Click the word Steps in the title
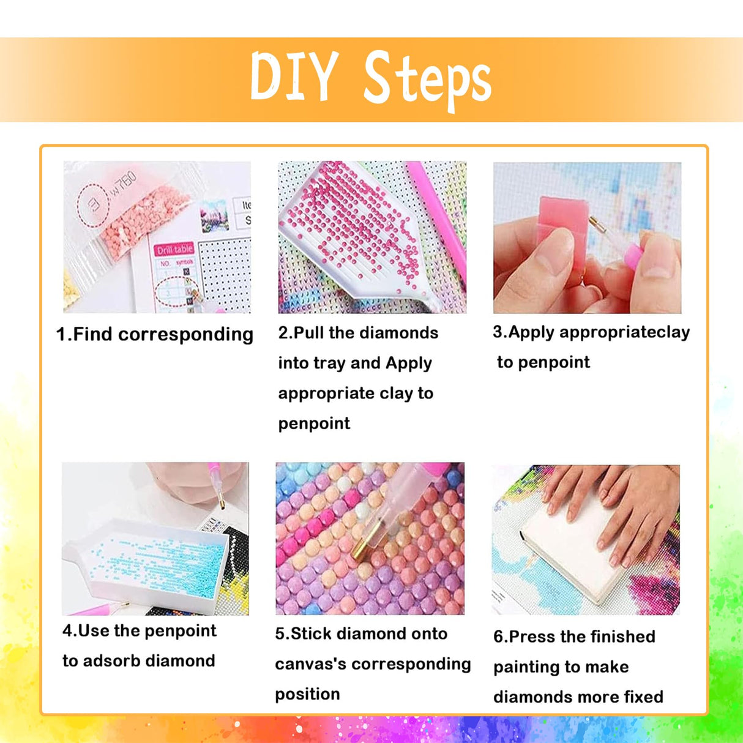(428, 81)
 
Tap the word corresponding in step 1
(185, 335)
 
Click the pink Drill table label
(174, 250)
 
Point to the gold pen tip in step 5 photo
(361, 553)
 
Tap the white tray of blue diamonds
(146, 559)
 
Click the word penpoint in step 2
(314, 424)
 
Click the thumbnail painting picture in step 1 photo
(214, 215)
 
